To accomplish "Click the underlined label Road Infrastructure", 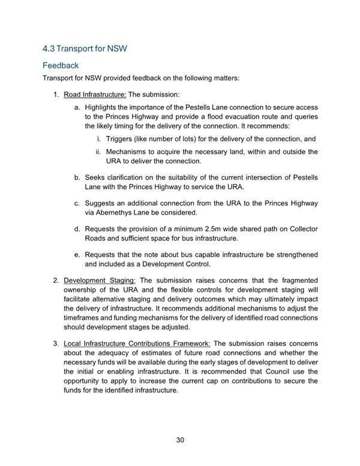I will point(95,94).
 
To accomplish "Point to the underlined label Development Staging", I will point(100,280).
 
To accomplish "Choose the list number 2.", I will point(56,280).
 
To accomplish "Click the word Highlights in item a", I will point(103,106).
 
